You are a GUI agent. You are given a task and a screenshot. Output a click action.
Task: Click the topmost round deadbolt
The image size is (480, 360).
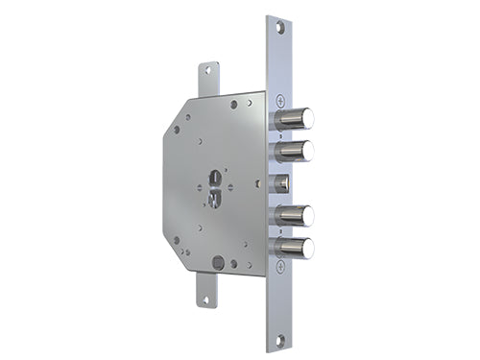(293, 119)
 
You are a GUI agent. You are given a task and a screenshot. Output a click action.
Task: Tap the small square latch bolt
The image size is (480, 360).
(282, 181)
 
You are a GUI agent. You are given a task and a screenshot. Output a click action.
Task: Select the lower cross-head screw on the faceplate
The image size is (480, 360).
(278, 268)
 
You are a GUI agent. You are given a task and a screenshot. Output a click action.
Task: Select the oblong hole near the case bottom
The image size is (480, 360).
(219, 261)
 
